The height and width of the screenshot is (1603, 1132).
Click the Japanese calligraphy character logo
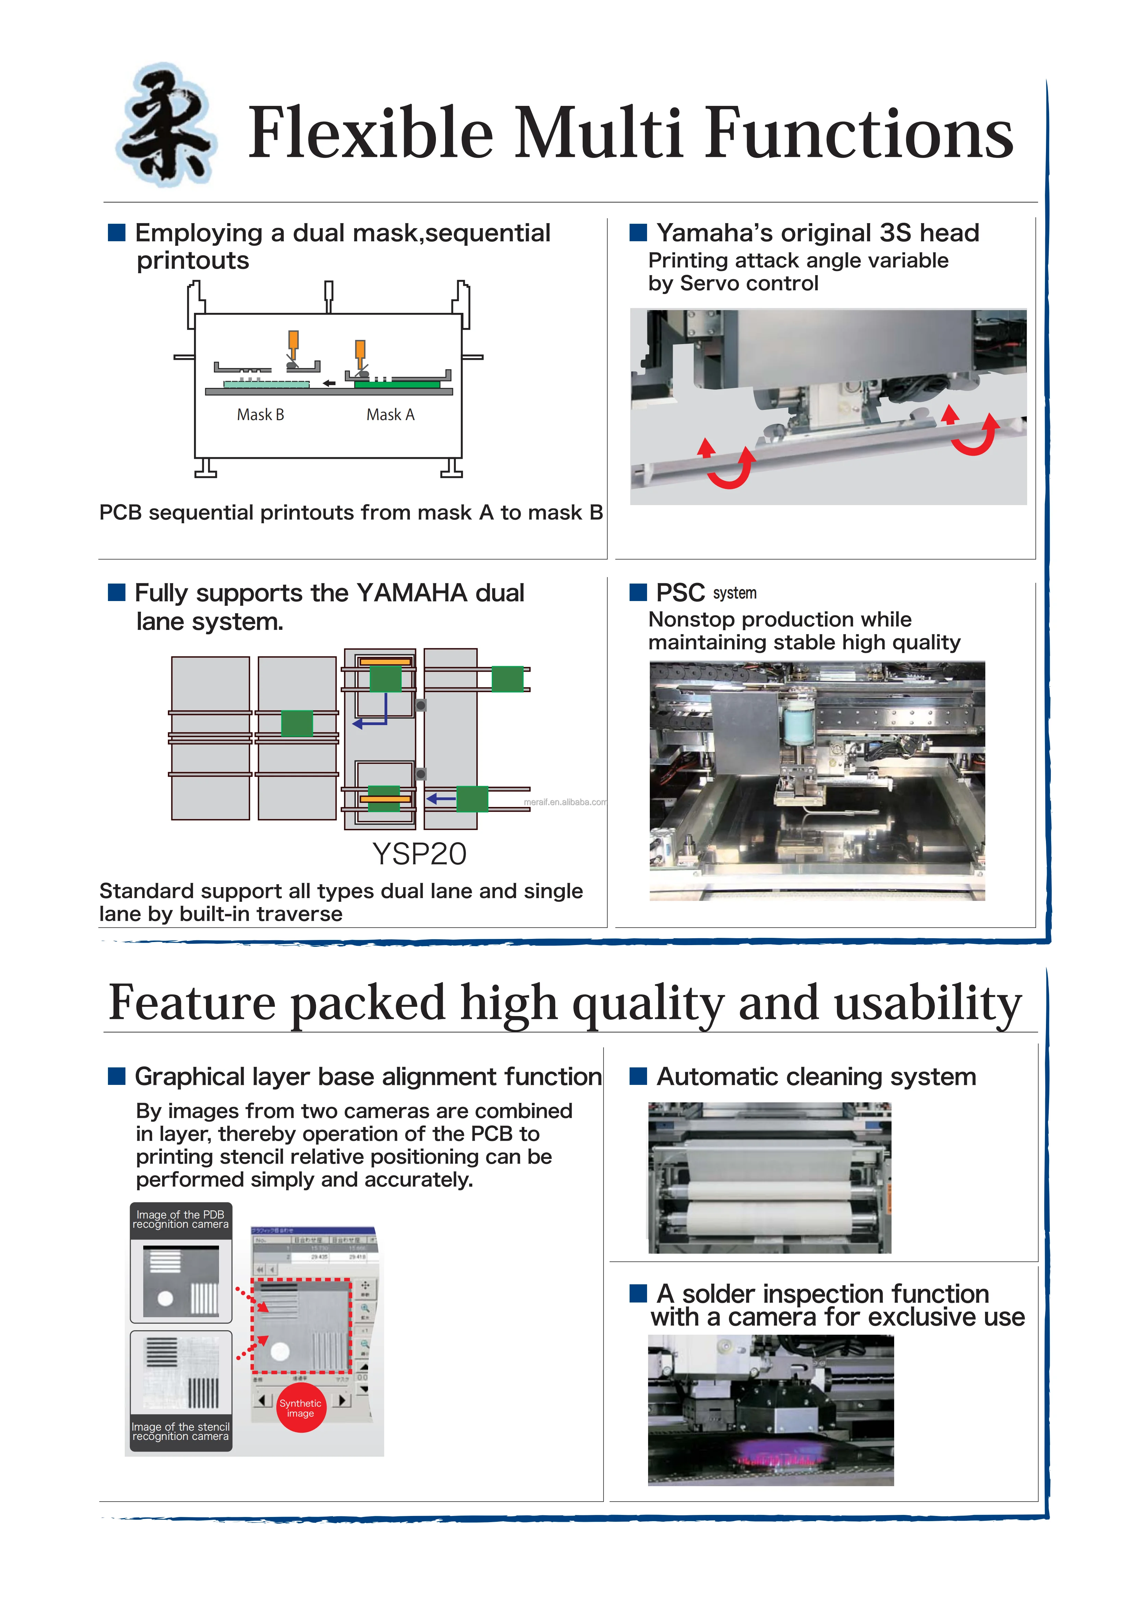tap(166, 126)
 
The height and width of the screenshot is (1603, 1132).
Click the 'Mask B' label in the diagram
tap(260, 415)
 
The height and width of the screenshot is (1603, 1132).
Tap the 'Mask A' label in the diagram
tap(390, 415)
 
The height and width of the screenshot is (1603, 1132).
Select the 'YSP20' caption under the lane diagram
tap(419, 854)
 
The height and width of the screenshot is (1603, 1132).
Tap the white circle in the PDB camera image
tap(166, 1299)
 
